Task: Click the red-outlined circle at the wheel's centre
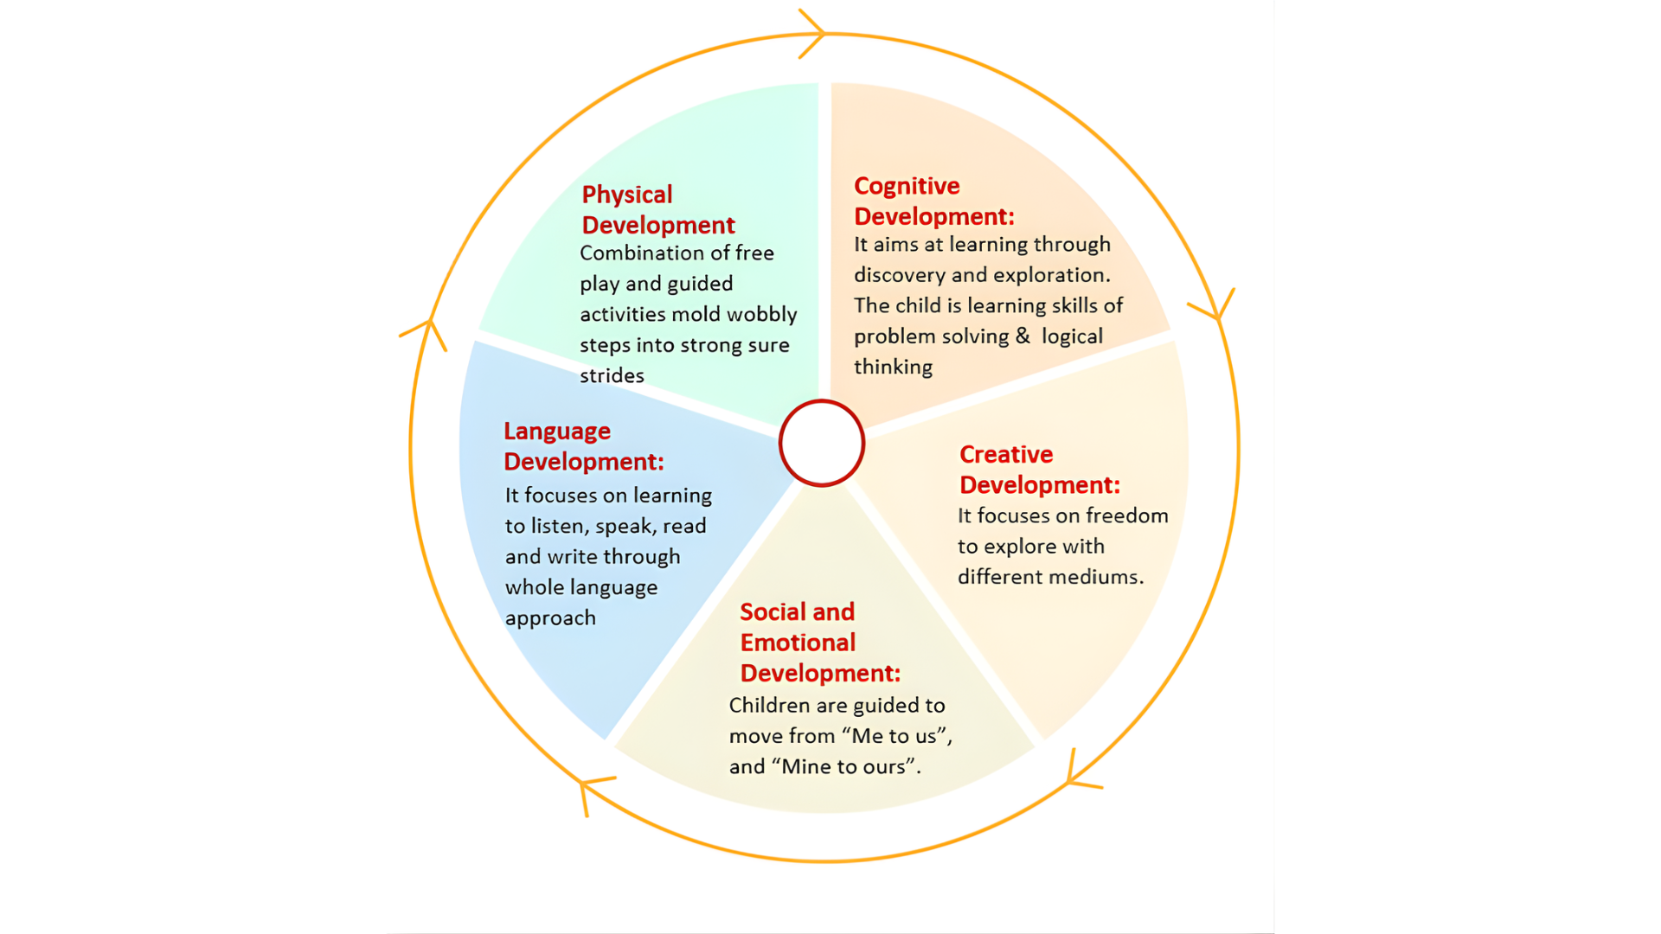(x=821, y=443)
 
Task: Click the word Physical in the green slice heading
(x=626, y=195)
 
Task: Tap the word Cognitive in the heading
(x=907, y=186)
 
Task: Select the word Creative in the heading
(x=1006, y=454)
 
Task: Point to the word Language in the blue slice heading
(x=557, y=431)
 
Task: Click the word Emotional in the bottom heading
(x=798, y=643)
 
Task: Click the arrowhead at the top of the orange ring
(x=813, y=34)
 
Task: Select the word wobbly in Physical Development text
(x=762, y=314)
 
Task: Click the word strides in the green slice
(x=612, y=375)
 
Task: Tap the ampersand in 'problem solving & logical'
(x=1023, y=336)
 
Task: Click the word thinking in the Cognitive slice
(x=893, y=367)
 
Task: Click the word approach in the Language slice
(x=550, y=618)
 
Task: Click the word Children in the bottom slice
(x=769, y=706)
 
